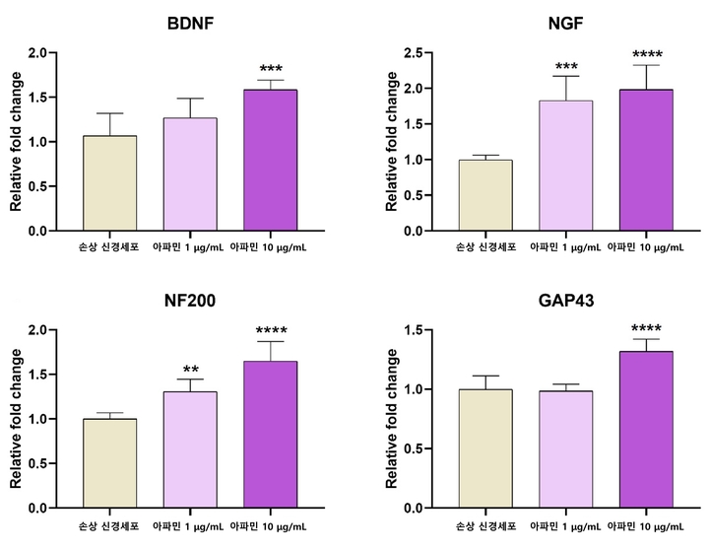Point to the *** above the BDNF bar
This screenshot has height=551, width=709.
click(271, 70)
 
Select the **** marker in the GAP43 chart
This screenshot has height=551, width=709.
click(645, 329)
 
